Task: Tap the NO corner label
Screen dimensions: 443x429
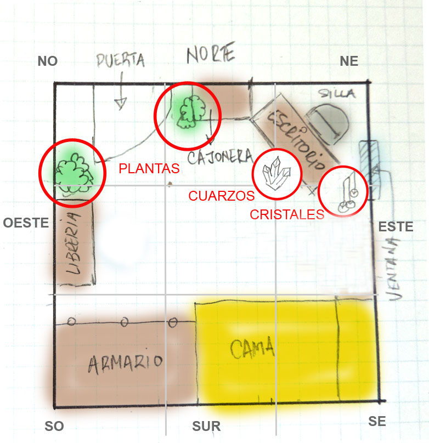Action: [48, 61]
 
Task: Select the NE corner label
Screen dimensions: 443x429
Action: [349, 61]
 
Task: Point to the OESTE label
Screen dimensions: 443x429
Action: [26, 223]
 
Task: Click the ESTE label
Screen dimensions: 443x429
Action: [396, 226]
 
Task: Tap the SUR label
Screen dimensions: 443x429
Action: [206, 426]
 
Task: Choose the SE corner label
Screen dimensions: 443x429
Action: [377, 422]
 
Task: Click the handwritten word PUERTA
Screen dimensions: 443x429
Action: [121, 60]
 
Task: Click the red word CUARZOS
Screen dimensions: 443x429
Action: [221, 196]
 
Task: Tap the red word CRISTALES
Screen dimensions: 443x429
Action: [287, 214]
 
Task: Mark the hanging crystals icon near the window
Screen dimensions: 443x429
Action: [346, 192]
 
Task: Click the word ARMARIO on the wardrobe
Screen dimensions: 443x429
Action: [125, 362]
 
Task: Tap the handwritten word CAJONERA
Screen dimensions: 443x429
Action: [219, 157]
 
